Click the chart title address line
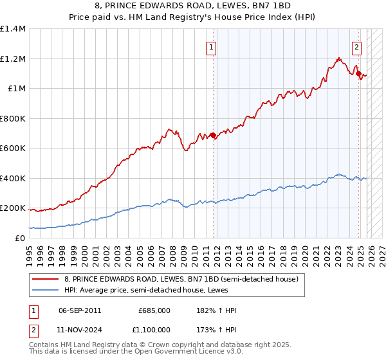coord(193,6)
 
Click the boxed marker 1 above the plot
coord(210,46)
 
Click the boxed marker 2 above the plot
coord(356,46)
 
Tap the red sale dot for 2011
coord(213,136)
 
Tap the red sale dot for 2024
coord(359,74)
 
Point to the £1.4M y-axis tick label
coord(13,29)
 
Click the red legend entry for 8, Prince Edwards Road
coord(181,279)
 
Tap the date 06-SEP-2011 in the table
coord(79,310)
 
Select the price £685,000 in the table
coord(154,310)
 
